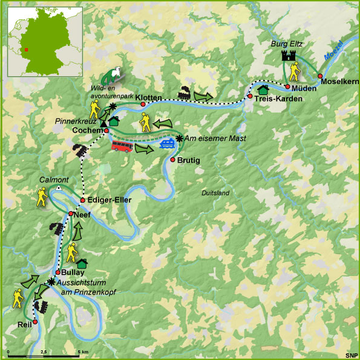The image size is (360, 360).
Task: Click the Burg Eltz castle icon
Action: click(x=288, y=56)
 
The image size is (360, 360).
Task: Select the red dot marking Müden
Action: click(x=288, y=87)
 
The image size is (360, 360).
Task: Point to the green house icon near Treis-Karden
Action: click(x=263, y=88)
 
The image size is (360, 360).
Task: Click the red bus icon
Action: click(x=122, y=145)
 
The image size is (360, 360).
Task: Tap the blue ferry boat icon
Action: click(x=168, y=143)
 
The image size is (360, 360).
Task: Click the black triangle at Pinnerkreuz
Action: click(x=103, y=124)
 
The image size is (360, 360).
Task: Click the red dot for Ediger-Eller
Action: click(x=82, y=200)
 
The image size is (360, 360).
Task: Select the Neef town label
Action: click(x=83, y=214)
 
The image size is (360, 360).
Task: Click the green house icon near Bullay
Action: click(x=82, y=263)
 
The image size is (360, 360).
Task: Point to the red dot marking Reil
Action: click(x=36, y=322)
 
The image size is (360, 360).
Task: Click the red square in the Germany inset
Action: click(x=26, y=50)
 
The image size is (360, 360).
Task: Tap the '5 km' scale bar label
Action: click(x=82, y=352)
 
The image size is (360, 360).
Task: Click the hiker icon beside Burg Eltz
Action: click(x=294, y=73)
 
